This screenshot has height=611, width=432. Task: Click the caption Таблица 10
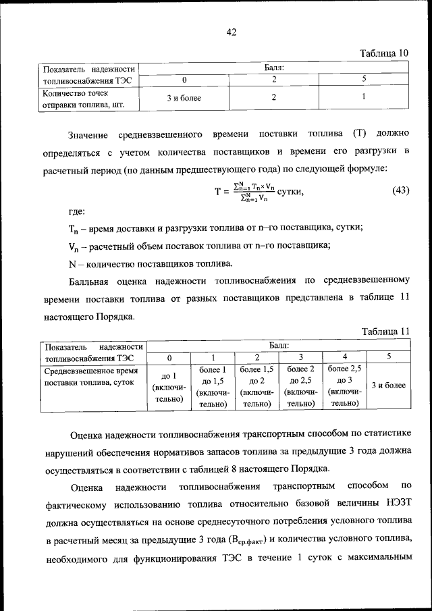(x=384, y=53)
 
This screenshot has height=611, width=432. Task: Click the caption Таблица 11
(x=385, y=331)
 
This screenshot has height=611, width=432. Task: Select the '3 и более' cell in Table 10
(x=184, y=99)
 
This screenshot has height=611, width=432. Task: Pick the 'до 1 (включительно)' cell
(x=169, y=387)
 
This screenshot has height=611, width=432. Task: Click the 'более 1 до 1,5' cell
(x=213, y=387)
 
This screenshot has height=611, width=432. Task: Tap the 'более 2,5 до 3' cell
(x=344, y=387)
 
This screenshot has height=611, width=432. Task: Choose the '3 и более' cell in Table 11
(x=388, y=386)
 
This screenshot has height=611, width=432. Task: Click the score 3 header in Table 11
(x=300, y=357)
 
